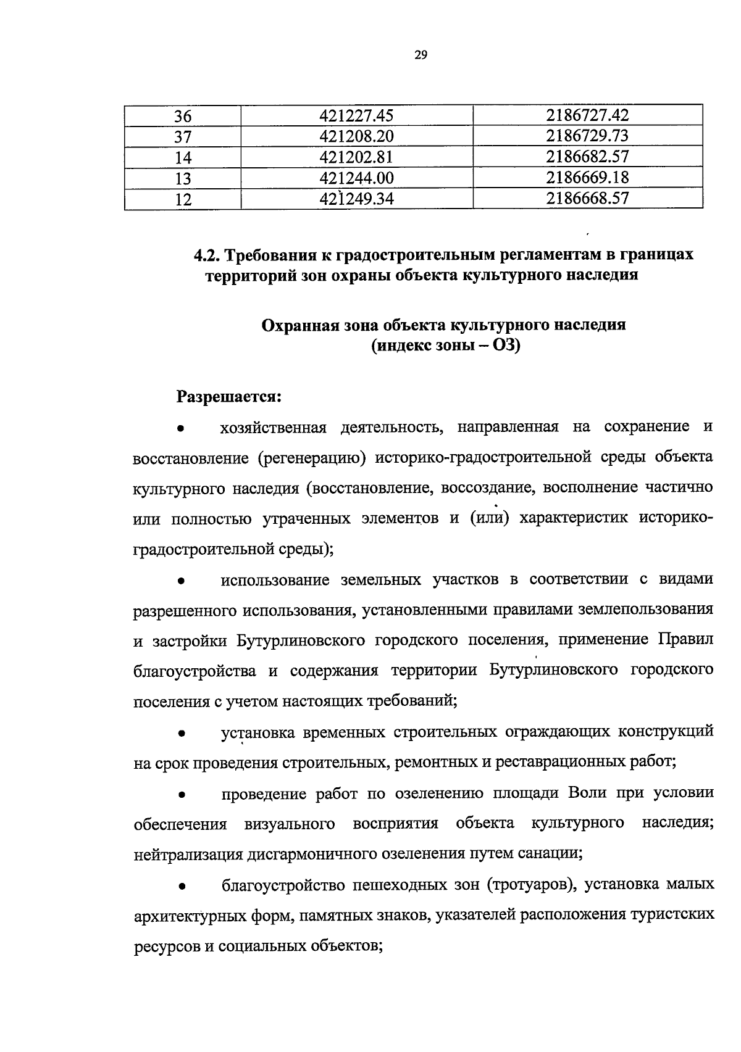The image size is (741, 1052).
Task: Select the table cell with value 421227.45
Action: (x=357, y=115)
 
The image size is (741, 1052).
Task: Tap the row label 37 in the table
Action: (x=183, y=136)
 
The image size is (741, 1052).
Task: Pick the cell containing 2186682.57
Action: (x=587, y=157)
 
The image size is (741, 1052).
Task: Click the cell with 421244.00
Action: (x=357, y=178)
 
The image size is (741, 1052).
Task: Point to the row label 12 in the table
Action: (x=183, y=199)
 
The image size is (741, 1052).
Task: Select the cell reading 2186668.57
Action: (x=587, y=198)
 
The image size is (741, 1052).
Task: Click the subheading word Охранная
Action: (x=298, y=325)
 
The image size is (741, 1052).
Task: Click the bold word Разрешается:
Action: (x=230, y=396)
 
